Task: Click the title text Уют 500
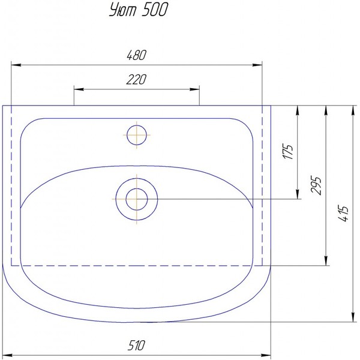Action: coord(139,10)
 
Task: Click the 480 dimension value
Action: coord(136,55)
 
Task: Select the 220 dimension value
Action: coord(136,79)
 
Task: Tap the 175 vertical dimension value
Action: coord(288,152)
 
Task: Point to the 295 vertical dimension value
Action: coord(316,185)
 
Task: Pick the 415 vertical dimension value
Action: coord(343,213)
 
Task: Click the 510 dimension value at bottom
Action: coord(136,345)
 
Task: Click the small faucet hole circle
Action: coord(137,135)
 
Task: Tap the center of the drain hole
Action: coord(137,199)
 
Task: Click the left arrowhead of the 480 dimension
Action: coord(16,65)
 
